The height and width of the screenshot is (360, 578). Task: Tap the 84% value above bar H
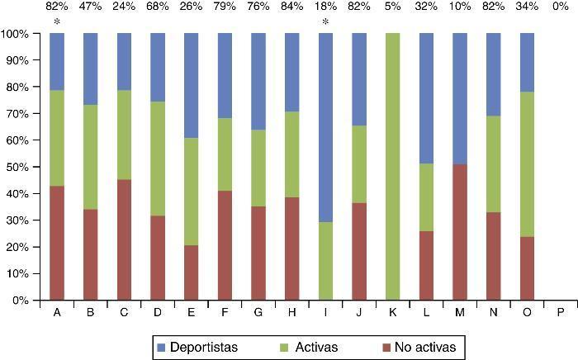point(291,7)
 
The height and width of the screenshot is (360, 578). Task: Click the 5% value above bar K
point(393,7)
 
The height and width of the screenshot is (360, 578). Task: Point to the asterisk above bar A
point(56,22)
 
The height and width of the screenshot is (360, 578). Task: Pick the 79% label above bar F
point(225,7)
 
